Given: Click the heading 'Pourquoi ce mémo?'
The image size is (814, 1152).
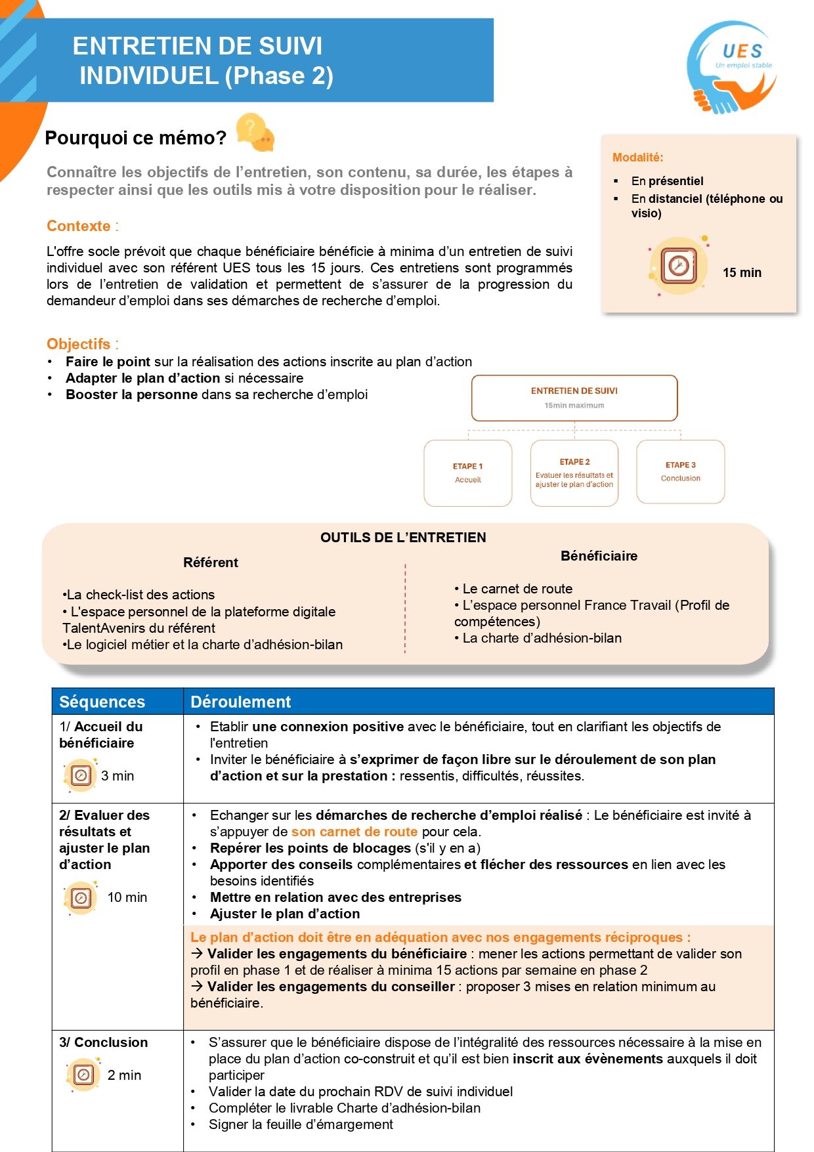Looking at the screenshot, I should (136, 138).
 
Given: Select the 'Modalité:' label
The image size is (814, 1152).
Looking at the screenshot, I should (637, 158).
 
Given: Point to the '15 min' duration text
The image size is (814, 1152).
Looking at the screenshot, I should (742, 272).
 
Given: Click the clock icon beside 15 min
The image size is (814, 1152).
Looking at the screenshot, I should (678, 265).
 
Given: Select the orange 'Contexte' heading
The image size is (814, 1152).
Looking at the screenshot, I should (79, 226).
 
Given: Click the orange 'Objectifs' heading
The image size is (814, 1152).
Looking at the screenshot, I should (79, 344).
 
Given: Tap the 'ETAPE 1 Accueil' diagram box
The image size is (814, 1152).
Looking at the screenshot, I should (467, 473).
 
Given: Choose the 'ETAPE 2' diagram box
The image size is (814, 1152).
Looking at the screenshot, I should (574, 473).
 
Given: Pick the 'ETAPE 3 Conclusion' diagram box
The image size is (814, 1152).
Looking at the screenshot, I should (680, 472).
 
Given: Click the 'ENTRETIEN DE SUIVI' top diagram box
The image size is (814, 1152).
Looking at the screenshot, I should (574, 398).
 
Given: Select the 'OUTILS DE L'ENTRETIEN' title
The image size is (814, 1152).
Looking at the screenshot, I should (403, 538).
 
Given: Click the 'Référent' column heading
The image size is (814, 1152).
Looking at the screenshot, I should (211, 563).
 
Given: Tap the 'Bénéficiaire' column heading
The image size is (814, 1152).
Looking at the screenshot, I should (599, 556).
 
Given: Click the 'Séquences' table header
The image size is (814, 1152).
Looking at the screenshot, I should (102, 702).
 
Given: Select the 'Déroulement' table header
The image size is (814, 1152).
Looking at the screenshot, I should (240, 702).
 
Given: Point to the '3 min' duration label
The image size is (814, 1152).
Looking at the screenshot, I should (118, 776).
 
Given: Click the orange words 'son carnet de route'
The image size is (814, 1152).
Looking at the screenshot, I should (354, 832).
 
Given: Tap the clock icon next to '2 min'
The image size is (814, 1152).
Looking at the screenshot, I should (83, 1075).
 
